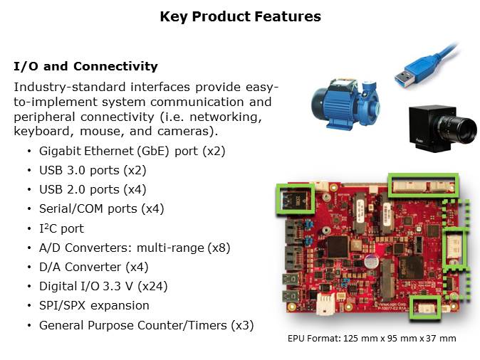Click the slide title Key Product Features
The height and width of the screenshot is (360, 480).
(240, 16)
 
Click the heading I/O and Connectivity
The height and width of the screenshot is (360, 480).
(85, 66)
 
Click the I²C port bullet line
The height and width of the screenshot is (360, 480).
(61, 228)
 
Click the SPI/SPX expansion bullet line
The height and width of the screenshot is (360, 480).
(94, 305)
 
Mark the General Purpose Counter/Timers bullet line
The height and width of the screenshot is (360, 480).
(146, 325)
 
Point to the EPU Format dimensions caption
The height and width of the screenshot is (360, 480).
(371, 339)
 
